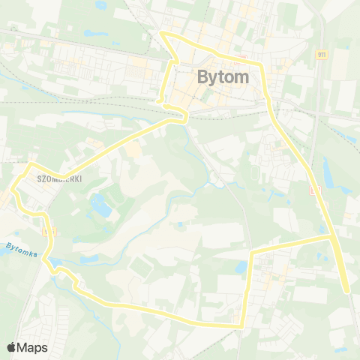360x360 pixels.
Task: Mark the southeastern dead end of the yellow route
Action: (347, 291)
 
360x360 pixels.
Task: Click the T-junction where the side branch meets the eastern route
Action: (331, 237)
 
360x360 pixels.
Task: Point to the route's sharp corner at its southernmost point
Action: (241, 325)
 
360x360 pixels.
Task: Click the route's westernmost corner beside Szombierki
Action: (28, 164)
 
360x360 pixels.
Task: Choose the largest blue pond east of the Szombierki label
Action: (97, 202)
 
